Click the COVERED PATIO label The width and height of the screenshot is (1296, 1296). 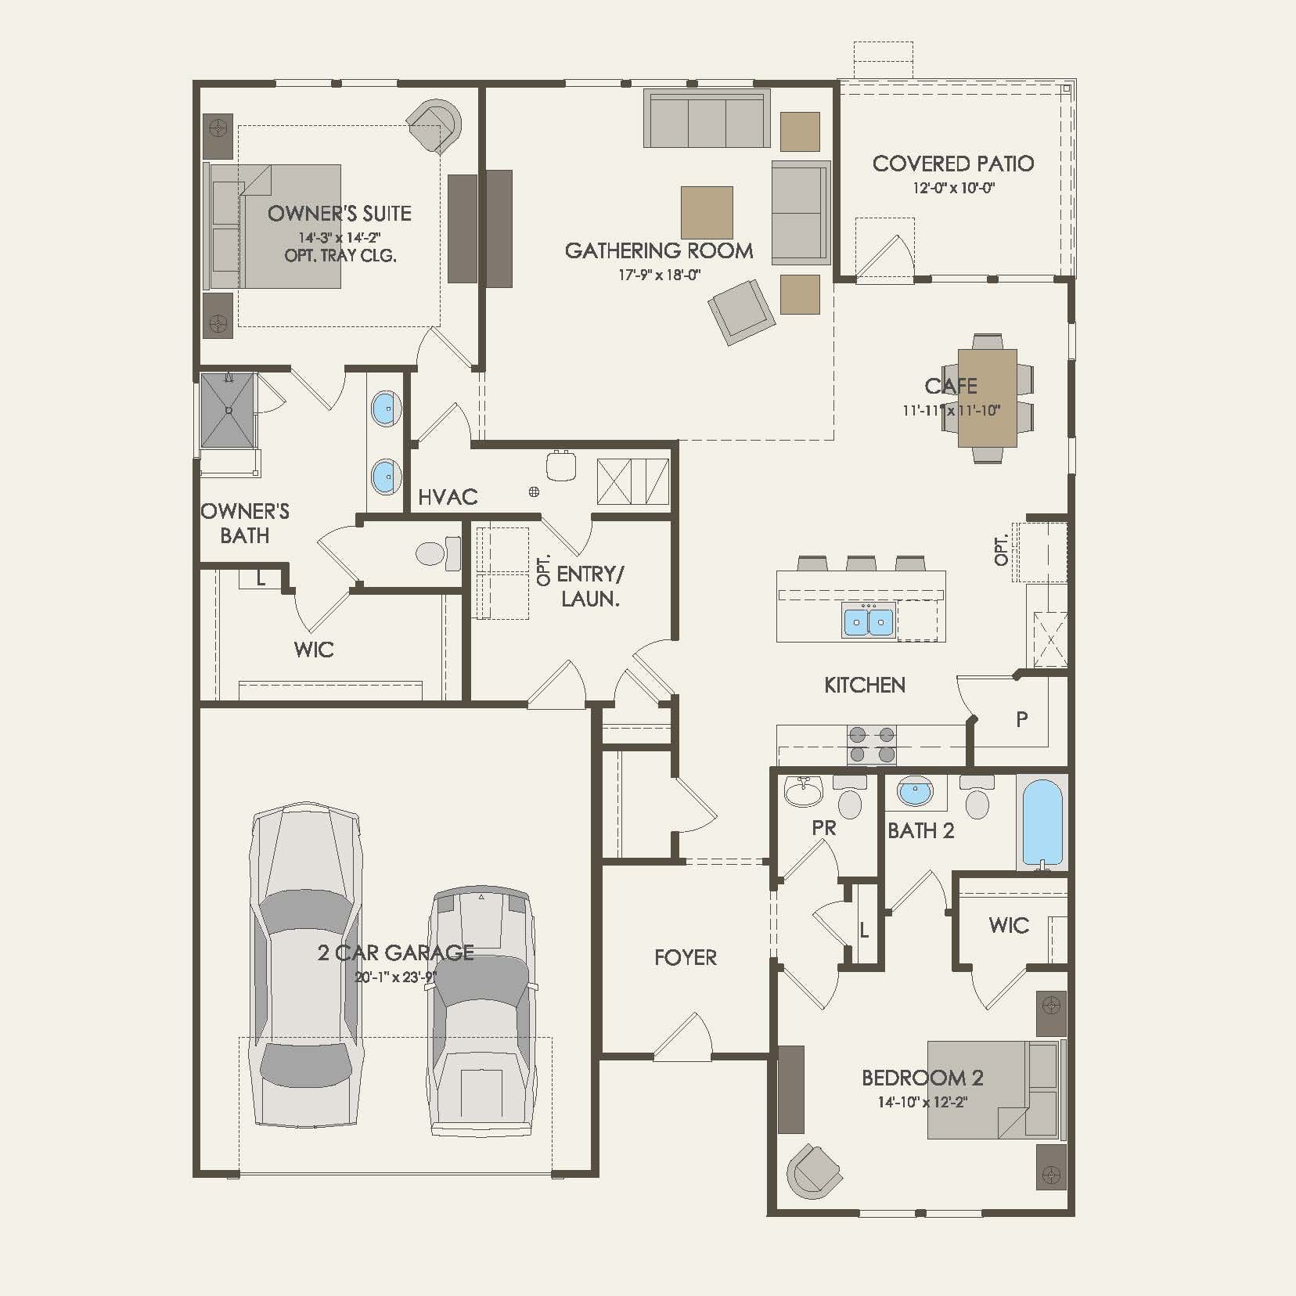952,164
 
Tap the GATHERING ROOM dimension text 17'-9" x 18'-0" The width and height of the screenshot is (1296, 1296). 659,275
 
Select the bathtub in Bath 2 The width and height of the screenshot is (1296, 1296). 1042,822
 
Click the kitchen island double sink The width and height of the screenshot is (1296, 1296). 868,622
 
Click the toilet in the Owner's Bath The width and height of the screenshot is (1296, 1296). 437,553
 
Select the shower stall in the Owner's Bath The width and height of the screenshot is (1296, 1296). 228,410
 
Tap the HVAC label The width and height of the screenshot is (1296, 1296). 448,497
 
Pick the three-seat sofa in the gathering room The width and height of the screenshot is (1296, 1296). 707,119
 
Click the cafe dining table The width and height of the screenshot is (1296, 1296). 987,398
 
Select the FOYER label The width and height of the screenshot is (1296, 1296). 686,957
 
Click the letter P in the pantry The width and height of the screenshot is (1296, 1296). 1021,719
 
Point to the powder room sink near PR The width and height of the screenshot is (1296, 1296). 803,793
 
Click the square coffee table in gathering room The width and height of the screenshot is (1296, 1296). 707,212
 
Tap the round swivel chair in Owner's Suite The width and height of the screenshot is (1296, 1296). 435,126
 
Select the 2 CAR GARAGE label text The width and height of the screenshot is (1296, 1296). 395,952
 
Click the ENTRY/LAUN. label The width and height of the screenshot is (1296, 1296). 590,586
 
